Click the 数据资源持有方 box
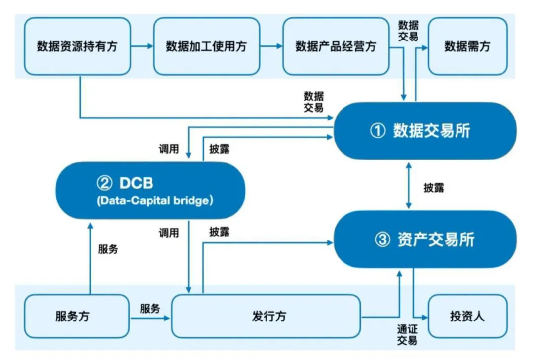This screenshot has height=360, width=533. click(x=77, y=46)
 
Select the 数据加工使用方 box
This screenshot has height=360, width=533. click(x=206, y=46)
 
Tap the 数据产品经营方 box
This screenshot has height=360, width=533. click(x=336, y=46)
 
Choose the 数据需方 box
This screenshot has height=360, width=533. click(x=467, y=46)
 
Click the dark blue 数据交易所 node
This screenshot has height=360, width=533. click(x=424, y=131)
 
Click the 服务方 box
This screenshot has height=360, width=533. click(x=73, y=317)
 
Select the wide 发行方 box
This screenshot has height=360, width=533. click(x=266, y=317)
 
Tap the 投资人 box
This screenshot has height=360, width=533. click(x=467, y=317)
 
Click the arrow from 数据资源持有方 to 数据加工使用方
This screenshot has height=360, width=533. click(x=142, y=46)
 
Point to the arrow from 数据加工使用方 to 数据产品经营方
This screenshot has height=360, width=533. click(x=271, y=46)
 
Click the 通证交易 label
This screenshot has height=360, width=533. click(x=407, y=334)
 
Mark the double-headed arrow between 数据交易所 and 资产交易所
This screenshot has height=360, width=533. click(x=408, y=185)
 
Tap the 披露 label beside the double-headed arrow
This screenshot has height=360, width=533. click(x=433, y=188)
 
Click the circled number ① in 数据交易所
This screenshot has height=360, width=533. click(x=378, y=131)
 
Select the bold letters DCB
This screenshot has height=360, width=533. click(x=136, y=183)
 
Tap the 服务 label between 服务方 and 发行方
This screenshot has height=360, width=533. click(x=150, y=309)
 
